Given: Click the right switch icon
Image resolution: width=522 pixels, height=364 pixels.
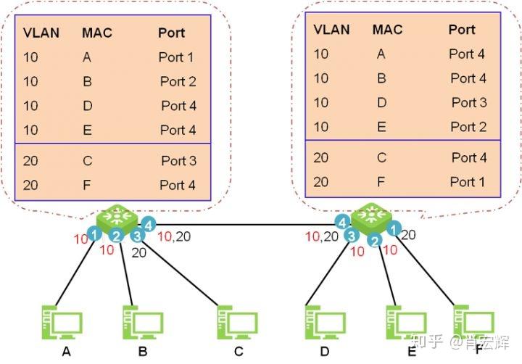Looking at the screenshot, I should pyautogui.click(x=370, y=218).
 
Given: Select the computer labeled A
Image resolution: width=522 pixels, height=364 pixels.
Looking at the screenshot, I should pyautogui.click(x=62, y=323).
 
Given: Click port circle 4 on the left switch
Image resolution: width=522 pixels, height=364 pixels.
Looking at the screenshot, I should pyautogui.click(x=148, y=225).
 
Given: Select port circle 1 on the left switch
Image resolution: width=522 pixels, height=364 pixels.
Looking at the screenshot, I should pyautogui.click(x=94, y=234).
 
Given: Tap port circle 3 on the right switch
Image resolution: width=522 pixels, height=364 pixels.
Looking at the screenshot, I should pyautogui.click(x=352, y=235).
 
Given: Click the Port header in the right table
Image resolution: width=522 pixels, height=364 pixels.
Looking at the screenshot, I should pyautogui.click(x=462, y=30).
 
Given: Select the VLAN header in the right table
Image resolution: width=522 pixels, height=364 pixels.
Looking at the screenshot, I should pyautogui.click(x=332, y=30).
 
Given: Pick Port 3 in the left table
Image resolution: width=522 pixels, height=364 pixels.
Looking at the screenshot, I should pyautogui.click(x=178, y=160).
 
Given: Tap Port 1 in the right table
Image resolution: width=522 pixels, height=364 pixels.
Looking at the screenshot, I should pyautogui.click(x=468, y=181).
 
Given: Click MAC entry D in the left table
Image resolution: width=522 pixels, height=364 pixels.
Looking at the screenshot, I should pyautogui.click(x=88, y=106).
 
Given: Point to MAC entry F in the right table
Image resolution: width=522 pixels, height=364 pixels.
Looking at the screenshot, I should pyautogui.click(x=381, y=181).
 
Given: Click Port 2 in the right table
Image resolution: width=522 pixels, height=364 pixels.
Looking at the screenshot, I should pyautogui.click(x=468, y=127).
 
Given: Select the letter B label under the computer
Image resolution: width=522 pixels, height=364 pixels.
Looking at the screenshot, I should pyautogui.click(x=143, y=352).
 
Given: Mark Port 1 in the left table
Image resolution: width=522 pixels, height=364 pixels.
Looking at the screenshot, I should pyautogui.click(x=177, y=57).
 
